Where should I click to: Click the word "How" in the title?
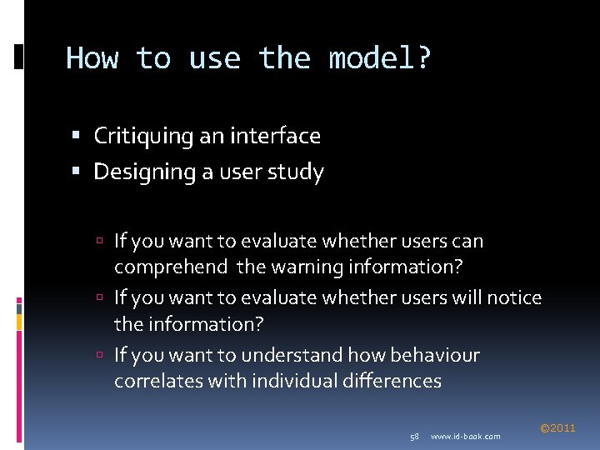92,59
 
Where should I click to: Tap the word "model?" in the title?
380,59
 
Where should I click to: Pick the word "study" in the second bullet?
297,172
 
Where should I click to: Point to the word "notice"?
514,297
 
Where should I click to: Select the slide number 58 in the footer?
414,437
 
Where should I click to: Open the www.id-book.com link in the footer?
466,437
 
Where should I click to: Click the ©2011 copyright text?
557,428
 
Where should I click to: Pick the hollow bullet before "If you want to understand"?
98,356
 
